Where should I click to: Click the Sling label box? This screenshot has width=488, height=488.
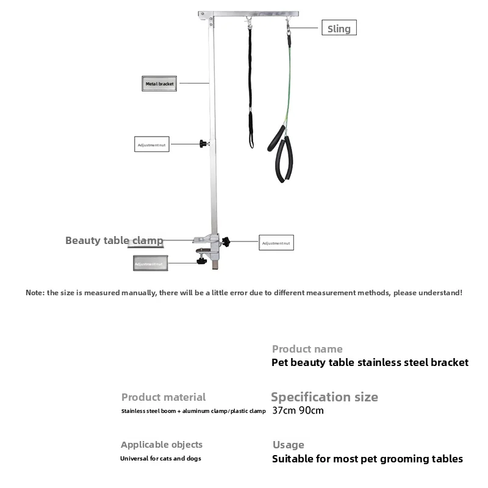[x=339, y=28]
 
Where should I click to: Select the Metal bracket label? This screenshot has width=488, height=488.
[x=159, y=84]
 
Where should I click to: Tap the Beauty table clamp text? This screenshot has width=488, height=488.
[x=114, y=240]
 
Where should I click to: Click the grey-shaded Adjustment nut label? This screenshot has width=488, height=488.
[x=150, y=264]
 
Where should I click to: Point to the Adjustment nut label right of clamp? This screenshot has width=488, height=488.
[x=277, y=243]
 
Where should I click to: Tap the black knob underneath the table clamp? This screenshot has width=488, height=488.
[x=201, y=261]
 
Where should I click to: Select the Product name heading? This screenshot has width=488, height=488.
[x=307, y=349]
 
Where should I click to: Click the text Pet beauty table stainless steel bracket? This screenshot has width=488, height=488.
[x=370, y=362]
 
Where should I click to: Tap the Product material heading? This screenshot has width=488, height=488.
[x=163, y=397]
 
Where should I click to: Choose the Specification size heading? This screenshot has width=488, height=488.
[x=324, y=397]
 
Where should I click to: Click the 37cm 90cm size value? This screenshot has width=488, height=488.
[x=298, y=411]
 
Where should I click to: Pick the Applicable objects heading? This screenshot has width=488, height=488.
[x=162, y=445]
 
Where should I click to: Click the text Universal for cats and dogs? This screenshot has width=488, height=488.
[x=160, y=458]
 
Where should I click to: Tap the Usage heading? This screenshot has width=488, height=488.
[x=288, y=445]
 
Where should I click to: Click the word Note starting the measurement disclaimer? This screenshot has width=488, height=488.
[x=34, y=293]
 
